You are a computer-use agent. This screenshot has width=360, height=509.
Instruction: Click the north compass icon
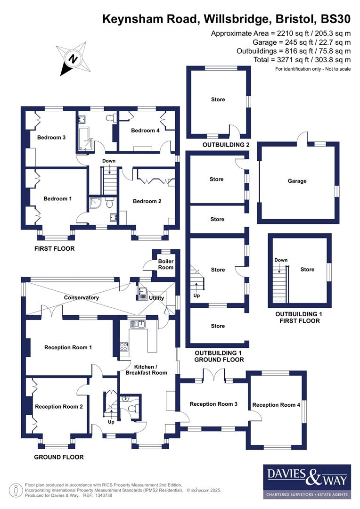(x=72, y=58)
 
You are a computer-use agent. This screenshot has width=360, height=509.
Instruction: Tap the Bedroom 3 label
(x=51, y=138)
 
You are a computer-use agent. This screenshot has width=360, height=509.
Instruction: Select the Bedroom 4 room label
(x=145, y=131)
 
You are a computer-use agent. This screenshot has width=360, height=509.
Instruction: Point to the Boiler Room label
(x=165, y=264)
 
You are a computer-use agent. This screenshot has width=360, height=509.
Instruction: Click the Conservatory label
(x=82, y=297)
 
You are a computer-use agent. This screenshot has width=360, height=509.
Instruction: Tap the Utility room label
(x=156, y=298)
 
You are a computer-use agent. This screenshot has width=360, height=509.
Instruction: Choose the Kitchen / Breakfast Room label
(x=146, y=369)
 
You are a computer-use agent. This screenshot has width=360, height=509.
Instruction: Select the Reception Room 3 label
(x=213, y=404)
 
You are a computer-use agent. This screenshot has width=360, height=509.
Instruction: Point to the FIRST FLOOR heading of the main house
(x=55, y=248)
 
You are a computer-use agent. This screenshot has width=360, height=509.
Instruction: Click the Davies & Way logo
(x=307, y=481)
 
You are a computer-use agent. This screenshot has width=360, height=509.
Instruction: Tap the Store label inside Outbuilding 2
(x=218, y=99)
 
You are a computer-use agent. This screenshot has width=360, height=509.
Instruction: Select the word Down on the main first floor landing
(x=109, y=161)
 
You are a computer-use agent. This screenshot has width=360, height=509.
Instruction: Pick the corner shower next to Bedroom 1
(x=95, y=204)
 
